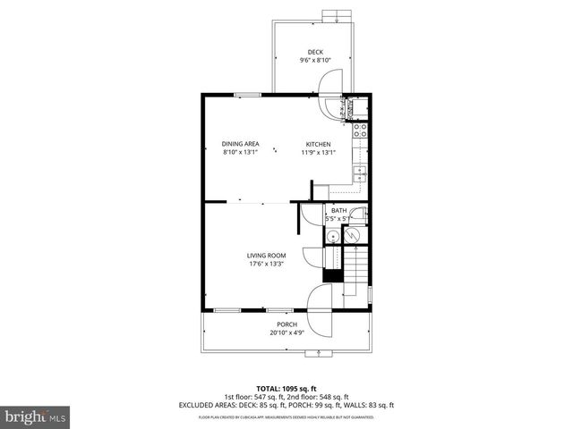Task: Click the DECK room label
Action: point(315,52)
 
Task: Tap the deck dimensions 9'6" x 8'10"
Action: point(315,61)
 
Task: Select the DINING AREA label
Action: point(240,144)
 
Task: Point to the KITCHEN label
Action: point(318,144)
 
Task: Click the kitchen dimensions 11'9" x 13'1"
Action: point(318,152)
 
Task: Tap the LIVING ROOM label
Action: point(266,256)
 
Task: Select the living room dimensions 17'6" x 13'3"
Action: point(266,264)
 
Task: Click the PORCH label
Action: point(286,324)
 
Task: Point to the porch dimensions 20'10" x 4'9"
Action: point(286,332)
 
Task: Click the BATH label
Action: point(338,210)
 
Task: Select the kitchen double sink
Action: point(360,172)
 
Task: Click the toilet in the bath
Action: point(356,215)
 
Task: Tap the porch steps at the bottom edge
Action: point(316,354)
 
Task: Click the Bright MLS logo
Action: point(36,416)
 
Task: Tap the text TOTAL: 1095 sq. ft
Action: point(286,389)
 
